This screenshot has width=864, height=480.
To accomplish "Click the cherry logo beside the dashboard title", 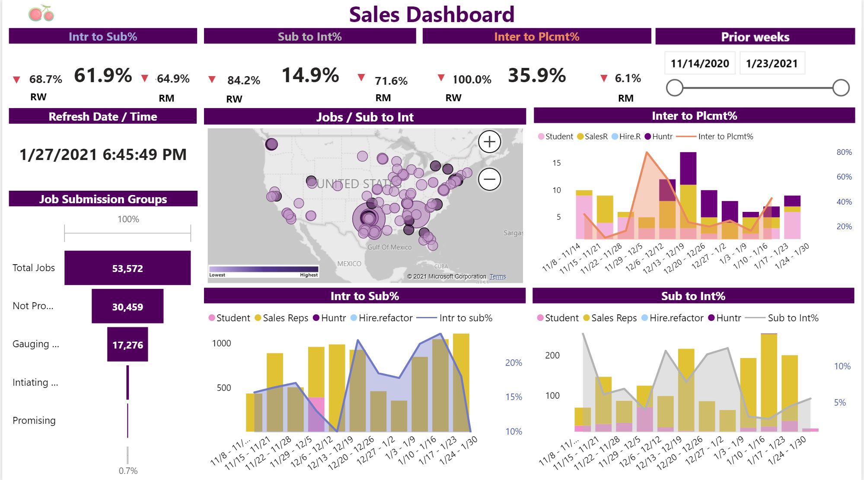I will click(x=41, y=13).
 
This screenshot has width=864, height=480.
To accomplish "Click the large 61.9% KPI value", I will click(x=103, y=76).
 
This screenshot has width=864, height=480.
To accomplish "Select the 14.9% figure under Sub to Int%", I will click(x=310, y=76).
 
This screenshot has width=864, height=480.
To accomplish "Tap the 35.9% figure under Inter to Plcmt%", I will click(x=537, y=76).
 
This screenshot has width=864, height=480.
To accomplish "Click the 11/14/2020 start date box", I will click(x=700, y=64).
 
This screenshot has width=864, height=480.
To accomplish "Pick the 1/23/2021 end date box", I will click(x=772, y=64).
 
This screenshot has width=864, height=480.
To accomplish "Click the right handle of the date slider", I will click(x=841, y=88).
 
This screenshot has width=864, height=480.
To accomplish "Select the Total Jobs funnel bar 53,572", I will click(x=128, y=268).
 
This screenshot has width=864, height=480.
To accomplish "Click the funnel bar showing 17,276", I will click(x=128, y=345).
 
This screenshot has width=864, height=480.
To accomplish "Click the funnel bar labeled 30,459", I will click(x=128, y=307).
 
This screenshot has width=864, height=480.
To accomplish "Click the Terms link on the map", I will click(x=497, y=277).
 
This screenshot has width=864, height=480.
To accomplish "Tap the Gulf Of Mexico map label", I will click(x=389, y=247).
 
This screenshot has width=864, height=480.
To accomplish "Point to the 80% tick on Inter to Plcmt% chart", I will click(x=844, y=152).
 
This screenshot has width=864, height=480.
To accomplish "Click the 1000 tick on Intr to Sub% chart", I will click(x=221, y=343).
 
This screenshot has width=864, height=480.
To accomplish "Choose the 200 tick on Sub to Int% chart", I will click(x=552, y=355).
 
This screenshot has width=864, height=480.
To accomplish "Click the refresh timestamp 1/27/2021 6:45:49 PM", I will click(x=103, y=155).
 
